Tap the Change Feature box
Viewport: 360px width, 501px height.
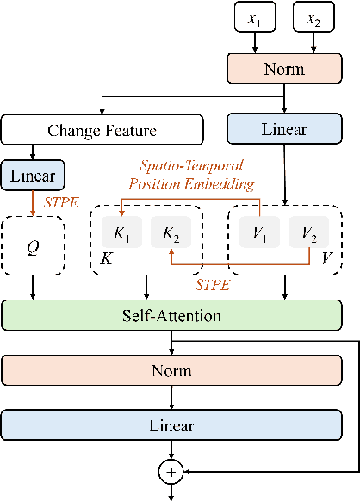(x=102, y=131)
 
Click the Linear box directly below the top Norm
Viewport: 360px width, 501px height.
(x=283, y=130)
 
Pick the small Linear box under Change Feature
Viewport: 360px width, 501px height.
(x=34, y=176)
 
